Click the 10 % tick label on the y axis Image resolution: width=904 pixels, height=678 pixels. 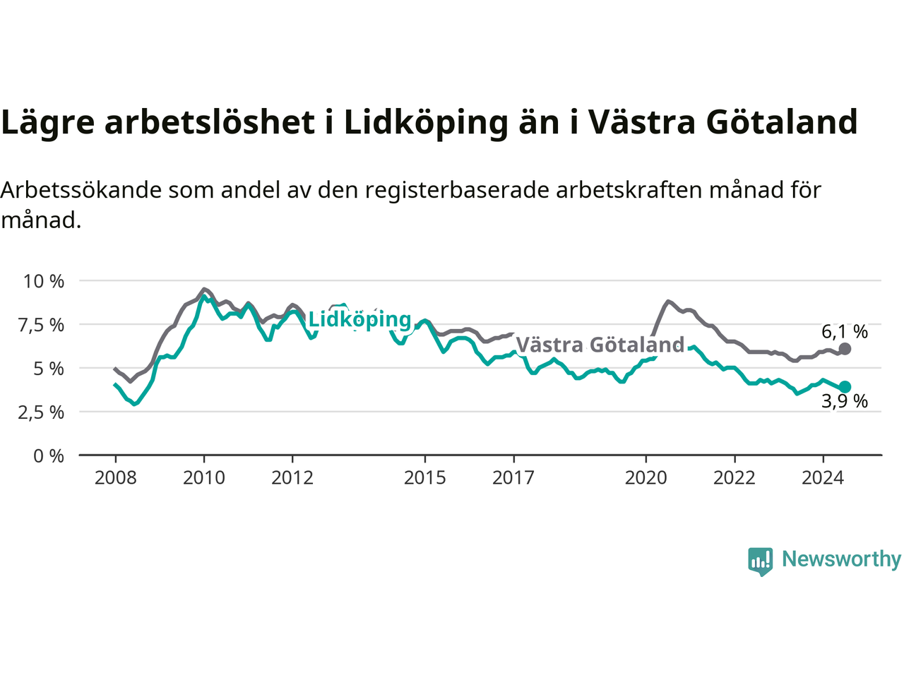coord(44,282)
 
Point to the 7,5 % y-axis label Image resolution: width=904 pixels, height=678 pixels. coord(41,325)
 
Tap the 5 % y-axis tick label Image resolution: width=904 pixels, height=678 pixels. coord(49,369)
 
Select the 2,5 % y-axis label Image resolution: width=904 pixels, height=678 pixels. coord(41,412)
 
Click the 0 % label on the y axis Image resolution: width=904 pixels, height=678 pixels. coord(49,456)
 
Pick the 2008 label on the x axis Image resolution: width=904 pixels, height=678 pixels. coord(115,478)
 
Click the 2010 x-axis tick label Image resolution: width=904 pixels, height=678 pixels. coord(204,478)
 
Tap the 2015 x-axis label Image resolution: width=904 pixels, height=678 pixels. coord(425,478)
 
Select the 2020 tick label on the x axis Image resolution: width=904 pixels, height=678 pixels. coord(646,478)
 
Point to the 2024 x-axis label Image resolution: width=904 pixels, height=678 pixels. coord(823,478)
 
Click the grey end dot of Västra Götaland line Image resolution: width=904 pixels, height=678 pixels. coord(845,349)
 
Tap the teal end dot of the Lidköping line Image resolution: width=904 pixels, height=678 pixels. coord(845,387)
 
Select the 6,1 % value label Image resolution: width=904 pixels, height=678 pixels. coord(845,331)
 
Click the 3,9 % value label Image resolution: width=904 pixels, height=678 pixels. coord(845,401)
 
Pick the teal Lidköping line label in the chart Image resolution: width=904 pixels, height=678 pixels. coord(360,320)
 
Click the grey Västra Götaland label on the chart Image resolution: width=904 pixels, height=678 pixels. coord(600,345)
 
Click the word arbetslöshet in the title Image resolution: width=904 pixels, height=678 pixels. coord(210,122)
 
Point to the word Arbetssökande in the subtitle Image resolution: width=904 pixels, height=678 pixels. coord(81,190)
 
